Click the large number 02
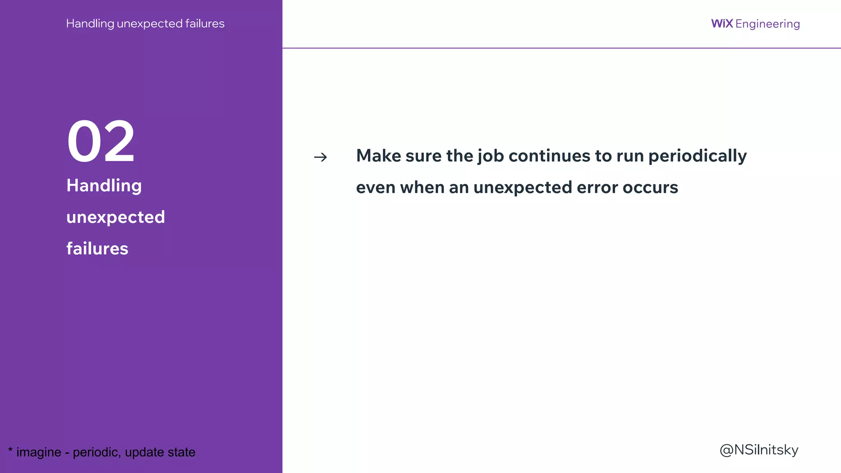pos(101,142)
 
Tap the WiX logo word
pos(722,23)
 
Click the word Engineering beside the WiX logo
pos(767,24)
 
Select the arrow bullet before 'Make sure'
pos(320,157)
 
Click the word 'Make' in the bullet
pos(378,156)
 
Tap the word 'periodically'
pos(697,156)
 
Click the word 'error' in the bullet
pos(597,188)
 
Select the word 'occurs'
pos(650,188)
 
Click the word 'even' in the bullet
pos(375,188)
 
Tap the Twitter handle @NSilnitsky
pos(759,450)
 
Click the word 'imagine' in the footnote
pos(39,452)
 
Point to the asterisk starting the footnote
pos(10,450)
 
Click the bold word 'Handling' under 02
pos(104,186)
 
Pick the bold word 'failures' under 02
pos(97,249)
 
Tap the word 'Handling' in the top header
pos(90,24)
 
